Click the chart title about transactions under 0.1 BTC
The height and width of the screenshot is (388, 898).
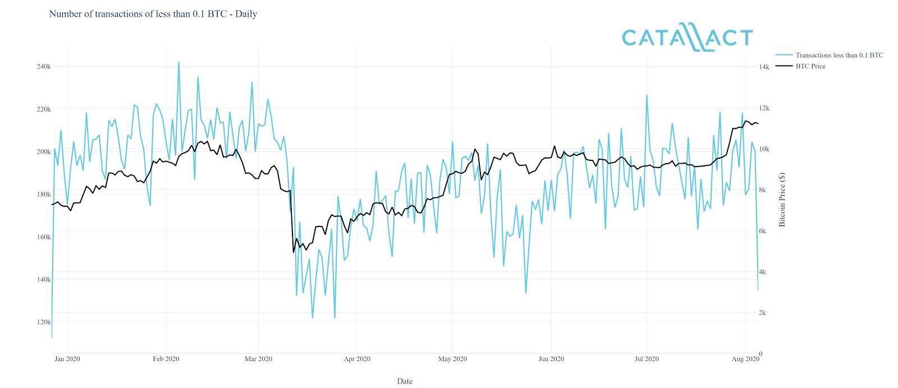[x=153, y=14]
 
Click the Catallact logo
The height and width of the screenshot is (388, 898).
[x=687, y=38]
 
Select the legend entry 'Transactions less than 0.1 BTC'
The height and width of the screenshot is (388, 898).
[x=839, y=55]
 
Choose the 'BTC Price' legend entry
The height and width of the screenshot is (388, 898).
[x=810, y=66]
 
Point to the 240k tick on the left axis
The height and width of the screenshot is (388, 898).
[x=43, y=67]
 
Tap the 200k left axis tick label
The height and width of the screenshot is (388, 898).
[x=43, y=152]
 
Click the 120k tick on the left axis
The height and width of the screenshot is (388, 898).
[x=43, y=322]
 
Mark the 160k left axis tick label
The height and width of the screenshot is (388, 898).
[x=43, y=237]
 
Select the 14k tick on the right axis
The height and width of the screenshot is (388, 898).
[x=763, y=67]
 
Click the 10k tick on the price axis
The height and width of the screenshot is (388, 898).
[x=763, y=149]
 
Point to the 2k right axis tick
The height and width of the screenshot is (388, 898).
[x=762, y=313]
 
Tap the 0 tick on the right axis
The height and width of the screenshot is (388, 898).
[x=760, y=354]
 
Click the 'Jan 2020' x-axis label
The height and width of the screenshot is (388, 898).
[x=67, y=359]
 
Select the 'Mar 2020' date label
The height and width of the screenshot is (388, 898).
[x=258, y=359]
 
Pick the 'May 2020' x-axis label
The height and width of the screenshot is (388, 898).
[x=452, y=359]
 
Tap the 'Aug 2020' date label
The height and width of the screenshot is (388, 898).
[x=745, y=359]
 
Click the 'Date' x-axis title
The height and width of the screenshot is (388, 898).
[x=405, y=381]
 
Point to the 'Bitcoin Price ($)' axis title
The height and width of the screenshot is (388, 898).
[x=782, y=200]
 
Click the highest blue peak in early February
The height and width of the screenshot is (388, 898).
[x=178, y=62]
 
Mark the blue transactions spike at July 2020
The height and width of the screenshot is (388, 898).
[x=647, y=95]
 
